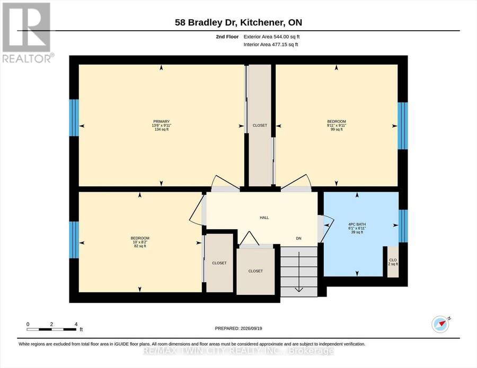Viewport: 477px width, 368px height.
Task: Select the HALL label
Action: point(264,218)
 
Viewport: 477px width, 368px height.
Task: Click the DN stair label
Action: point(299,239)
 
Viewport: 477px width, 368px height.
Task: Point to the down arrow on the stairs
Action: point(299,272)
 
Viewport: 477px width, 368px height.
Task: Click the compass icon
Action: point(440,324)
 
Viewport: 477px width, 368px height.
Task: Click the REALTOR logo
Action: point(28,32)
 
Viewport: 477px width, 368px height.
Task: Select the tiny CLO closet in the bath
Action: point(393,262)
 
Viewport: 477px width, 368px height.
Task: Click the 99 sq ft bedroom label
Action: point(337,125)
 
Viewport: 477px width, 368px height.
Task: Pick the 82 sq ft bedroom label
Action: point(140,242)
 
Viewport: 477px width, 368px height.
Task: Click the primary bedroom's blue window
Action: point(74,118)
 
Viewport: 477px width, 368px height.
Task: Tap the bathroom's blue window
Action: point(403,226)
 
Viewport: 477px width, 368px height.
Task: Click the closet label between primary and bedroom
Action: point(260,125)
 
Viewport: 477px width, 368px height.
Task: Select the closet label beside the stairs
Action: point(255,271)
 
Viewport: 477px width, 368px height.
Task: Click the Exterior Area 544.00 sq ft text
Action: point(272,37)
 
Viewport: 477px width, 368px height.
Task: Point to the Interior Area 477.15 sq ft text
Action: point(271,44)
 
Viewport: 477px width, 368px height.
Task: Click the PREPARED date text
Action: point(238,328)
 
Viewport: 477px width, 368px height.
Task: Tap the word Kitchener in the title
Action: point(261,22)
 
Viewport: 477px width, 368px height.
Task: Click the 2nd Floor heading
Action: point(227,37)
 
